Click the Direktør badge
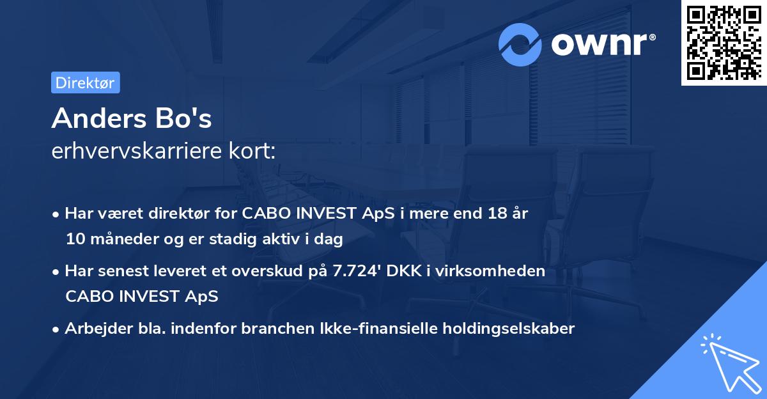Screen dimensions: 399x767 click(85, 82)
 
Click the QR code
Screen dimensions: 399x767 click(723, 42)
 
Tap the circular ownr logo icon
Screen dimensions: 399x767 click(520, 44)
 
